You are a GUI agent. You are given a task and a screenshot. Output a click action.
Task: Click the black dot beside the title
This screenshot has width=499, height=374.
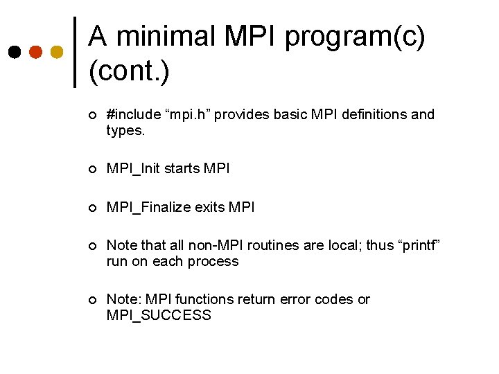pyautogui.click(x=14, y=52)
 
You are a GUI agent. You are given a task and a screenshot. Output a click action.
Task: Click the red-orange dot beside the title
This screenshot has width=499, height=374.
pyautogui.click(x=35, y=52)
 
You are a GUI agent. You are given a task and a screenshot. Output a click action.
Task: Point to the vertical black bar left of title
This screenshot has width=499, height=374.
pyautogui.click(x=75, y=52)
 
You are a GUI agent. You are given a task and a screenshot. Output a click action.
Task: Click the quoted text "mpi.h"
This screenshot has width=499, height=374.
pyautogui.click(x=188, y=114)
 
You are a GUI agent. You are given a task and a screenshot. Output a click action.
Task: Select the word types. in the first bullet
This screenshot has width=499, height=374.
pyautogui.click(x=126, y=130)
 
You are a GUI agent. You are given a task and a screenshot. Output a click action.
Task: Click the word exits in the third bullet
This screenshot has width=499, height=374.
pyautogui.click(x=210, y=207)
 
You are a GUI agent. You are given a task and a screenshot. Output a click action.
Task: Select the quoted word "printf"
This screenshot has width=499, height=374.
pyautogui.click(x=419, y=245)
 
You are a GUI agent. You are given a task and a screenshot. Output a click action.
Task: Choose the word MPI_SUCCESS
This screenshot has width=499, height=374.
pyautogui.click(x=159, y=316)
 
